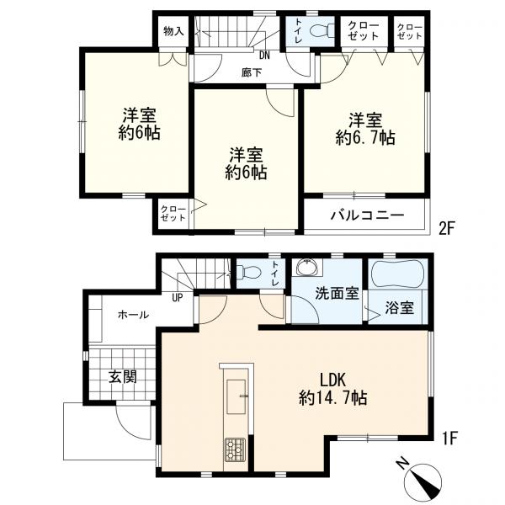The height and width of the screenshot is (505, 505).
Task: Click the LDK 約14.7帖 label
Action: (x=333, y=389)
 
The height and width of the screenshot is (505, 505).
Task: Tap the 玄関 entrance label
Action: (x=122, y=376)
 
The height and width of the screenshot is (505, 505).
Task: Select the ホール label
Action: (x=133, y=315)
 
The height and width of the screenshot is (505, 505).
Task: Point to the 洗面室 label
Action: (x=337, y=294)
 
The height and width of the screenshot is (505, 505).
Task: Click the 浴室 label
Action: (x=399, y=307)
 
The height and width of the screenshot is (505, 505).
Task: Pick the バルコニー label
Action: (x=367, y=215)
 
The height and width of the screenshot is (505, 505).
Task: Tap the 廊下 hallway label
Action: (x=252, y=72)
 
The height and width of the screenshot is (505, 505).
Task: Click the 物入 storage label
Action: (x=173, y=31)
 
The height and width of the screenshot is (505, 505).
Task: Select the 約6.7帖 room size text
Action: (x=365, y=138)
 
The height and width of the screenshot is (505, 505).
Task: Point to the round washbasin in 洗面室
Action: (x=306, y=268)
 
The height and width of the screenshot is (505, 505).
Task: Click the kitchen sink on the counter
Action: (x=236, y=396)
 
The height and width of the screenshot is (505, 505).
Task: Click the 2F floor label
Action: (x=447, y=229)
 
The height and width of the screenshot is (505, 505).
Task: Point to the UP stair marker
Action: (x=177, y=298)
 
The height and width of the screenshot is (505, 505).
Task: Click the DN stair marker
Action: (x=264, y=56)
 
